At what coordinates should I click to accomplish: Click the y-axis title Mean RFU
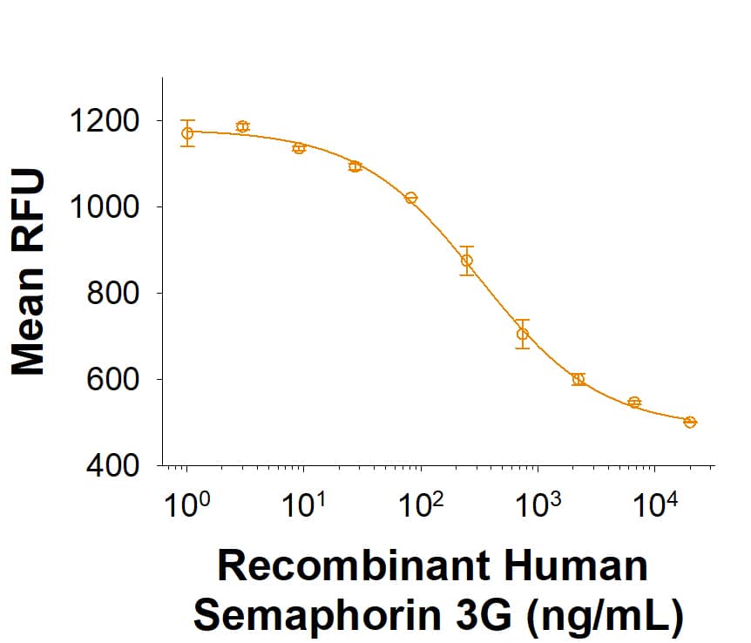29,273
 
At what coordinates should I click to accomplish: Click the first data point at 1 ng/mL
187,133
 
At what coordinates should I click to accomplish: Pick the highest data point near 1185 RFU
242,126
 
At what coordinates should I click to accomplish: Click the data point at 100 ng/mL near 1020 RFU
411,198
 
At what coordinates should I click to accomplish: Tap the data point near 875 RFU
467,261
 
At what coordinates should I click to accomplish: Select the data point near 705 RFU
523,334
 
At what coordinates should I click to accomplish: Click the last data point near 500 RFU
690,422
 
